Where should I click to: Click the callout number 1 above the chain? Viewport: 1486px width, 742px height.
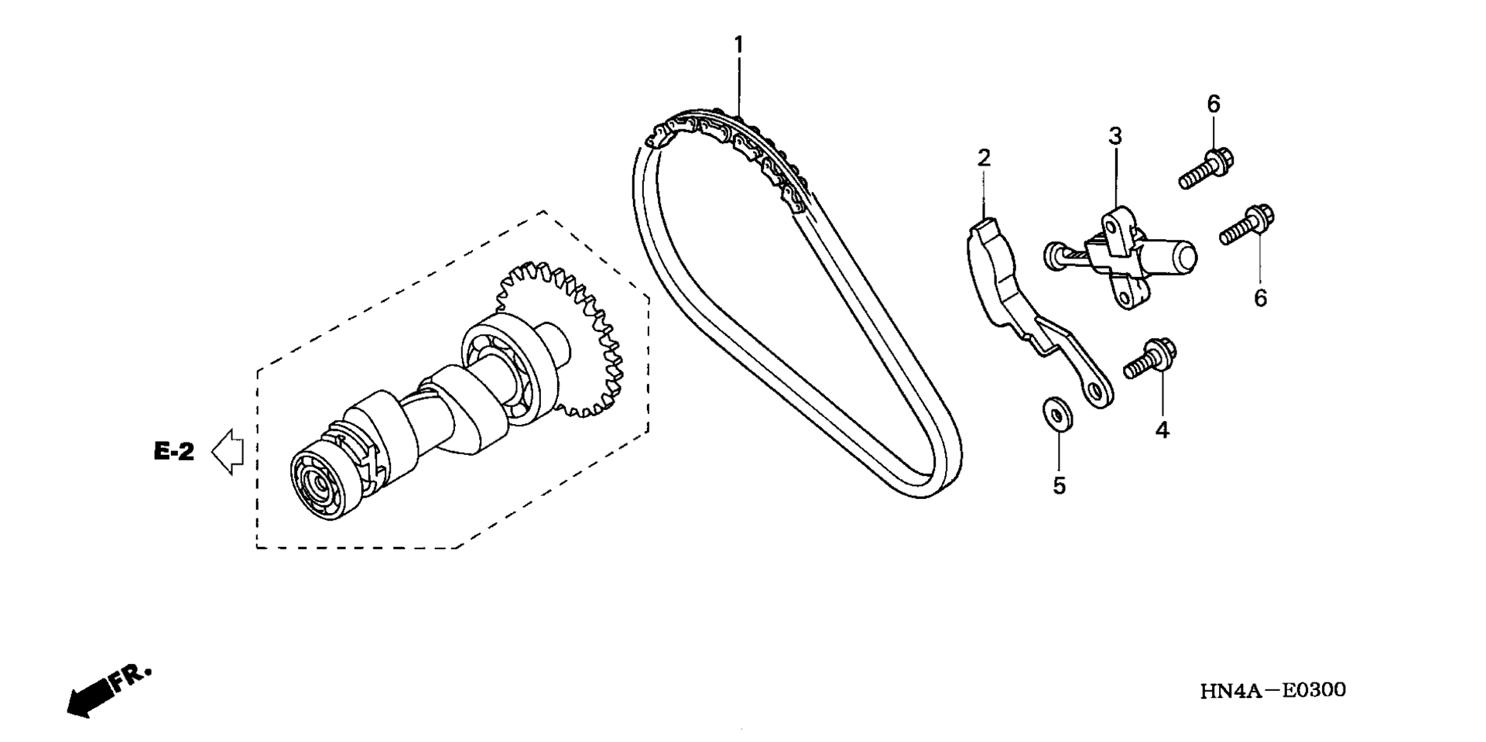click(738, 45)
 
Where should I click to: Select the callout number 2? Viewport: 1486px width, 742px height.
click(984, 158)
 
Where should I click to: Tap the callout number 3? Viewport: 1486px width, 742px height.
click(1114, 136)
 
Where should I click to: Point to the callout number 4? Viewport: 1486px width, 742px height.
click(1162, 429)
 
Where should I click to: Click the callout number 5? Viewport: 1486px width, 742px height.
click(1060, 485)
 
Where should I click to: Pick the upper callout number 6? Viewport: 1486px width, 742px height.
click(1213, 103)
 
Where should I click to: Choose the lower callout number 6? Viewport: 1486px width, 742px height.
click(1260, 297)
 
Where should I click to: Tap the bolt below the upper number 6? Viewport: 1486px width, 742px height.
click(1206, 168)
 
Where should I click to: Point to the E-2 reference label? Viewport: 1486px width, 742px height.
click(174, 452)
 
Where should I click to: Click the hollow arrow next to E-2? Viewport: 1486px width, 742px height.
click(228, 451)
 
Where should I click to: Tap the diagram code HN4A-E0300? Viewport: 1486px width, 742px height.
click(1273, 689)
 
